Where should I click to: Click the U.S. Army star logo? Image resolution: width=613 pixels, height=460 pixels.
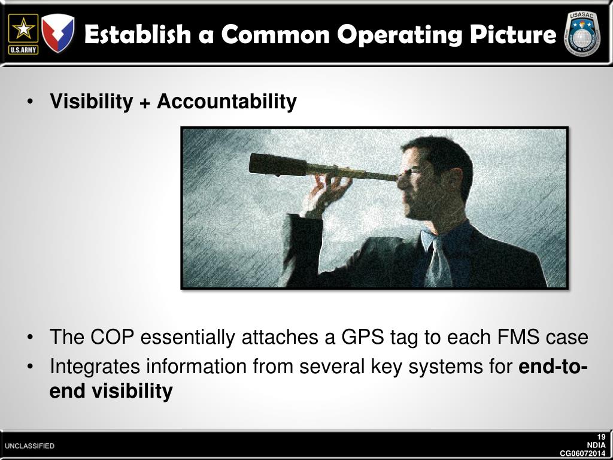click(23, 34)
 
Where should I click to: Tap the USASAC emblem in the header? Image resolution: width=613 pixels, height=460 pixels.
click(582, 35)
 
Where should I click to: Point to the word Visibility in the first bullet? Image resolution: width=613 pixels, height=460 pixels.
click(91, 102)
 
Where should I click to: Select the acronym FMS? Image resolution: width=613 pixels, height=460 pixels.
click(519, 337)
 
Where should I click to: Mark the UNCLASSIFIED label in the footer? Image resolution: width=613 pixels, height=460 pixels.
click(29, 446)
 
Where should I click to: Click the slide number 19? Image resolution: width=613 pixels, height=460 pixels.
click(600, 437)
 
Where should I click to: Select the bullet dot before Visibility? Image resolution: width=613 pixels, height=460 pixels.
click(30, 102)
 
